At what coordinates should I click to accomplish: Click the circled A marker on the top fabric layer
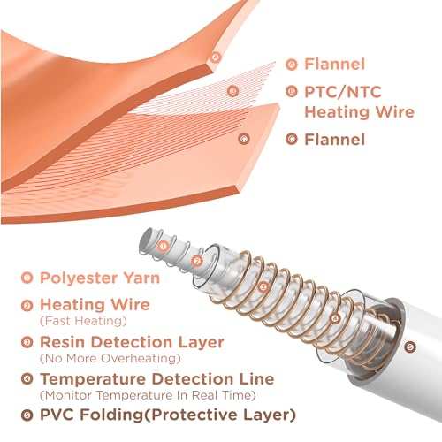[x=217, y=57]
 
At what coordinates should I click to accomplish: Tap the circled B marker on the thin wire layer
[x=233, y=91]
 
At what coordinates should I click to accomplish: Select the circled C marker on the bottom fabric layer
[x=244, y=139]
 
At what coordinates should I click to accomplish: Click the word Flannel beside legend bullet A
[x=334, y=64]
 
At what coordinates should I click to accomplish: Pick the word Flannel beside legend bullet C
[x=334, y=139]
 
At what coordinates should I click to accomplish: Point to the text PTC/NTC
[x=343, y=92]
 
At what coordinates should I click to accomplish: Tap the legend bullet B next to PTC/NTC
[x=292, y=91]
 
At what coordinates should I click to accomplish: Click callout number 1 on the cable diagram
[x=163, y=246]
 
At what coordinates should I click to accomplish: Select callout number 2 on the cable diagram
[x=197, y=261]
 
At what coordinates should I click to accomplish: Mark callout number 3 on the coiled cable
[x=263, y=286]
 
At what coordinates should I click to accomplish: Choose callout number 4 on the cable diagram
[x=335, y=318]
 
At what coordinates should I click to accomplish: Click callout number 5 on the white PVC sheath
[x=410, y=347]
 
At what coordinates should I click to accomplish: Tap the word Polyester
[x=79, y=278]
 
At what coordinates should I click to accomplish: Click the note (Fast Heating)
[x=83, y=321]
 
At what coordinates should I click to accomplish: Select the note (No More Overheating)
[x=110, y=358]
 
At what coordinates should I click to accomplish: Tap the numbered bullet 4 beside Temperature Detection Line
[x=27, y=378]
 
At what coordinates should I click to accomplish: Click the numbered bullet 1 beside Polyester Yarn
[x=27, y=278]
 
